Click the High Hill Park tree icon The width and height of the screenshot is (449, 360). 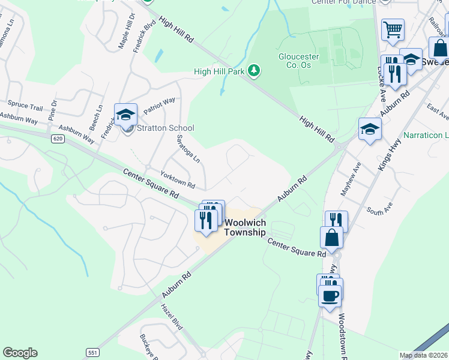click(x=255, y=71)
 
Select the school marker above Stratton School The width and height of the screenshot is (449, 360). click(x=126, y=114)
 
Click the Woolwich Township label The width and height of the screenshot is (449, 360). click(x=245, y=227)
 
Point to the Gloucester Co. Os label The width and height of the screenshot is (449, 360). click(x=298, y=61)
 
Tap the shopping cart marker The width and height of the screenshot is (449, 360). click(x=393, y=29)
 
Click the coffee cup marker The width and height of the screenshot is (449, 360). click(x=330, y=295)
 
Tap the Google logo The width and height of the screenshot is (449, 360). click(x=20, y=353)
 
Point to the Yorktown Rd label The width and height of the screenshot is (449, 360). click(x=178, y=179)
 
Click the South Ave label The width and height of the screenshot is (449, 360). click(x=379, y=211)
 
